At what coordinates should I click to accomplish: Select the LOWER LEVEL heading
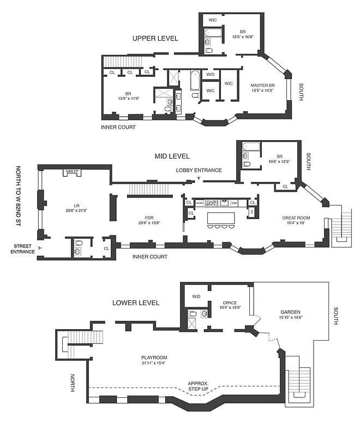pos(136,302)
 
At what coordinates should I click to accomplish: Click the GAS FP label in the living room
pos(72,171)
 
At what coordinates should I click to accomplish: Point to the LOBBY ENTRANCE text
pos(199,170)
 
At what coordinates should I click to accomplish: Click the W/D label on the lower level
pos(196,296)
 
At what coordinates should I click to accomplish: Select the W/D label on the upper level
pos(210,75)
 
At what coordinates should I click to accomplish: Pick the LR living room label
pos(68,204)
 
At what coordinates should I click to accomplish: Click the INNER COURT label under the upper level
pos(118,128)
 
